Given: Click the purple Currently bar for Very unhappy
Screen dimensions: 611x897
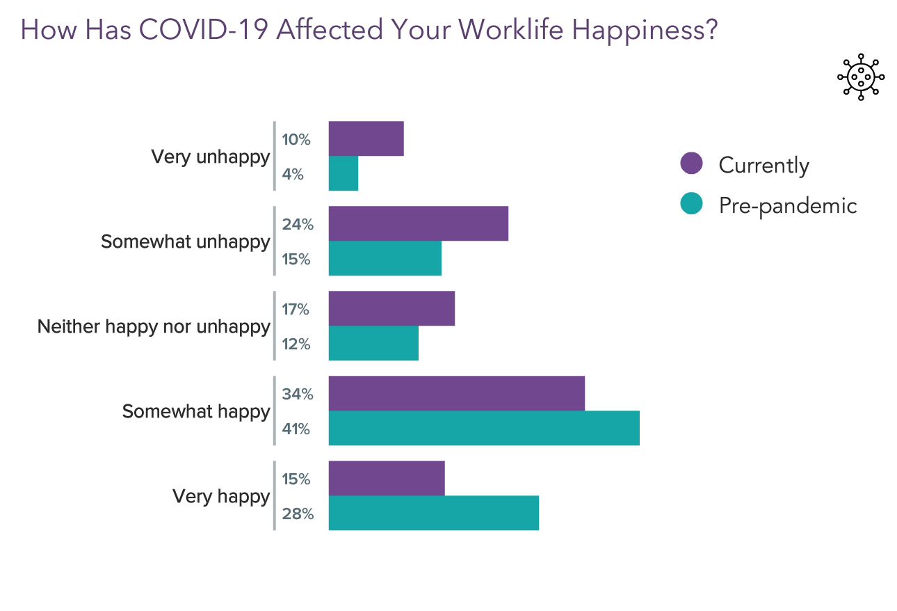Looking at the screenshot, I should tap(366, 138).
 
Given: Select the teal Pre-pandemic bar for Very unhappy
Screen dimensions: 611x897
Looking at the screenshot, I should tap(343, 173).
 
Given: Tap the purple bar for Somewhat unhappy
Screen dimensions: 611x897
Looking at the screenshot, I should tap(418, 223).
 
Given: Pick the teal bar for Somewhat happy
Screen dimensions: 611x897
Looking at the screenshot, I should tap(483, 428).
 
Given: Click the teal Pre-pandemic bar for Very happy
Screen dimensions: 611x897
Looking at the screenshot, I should tap(433, 513).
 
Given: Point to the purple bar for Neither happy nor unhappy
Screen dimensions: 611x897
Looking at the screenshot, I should tap(391, 308).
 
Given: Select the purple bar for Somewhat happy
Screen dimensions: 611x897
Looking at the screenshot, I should tap(456, 393).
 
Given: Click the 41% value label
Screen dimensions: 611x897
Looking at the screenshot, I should tap(296, 429).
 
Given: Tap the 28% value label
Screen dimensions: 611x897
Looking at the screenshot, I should tap(297, 514).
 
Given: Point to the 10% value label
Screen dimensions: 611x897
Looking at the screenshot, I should tap(296, 140).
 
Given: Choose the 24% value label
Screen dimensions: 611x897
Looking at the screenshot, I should tap(297, 225).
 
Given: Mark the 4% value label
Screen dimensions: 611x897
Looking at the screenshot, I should tap(293, 175).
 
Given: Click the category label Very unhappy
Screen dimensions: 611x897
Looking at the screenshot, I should tap(210, 157).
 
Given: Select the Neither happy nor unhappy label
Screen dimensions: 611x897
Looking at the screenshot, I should tap(154, 326).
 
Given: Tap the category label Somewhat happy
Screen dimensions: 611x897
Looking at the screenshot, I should tap(195, 411).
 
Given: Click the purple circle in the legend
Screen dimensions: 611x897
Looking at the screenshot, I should tap(691, 164).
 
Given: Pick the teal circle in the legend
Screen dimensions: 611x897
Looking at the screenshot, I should tap(691, 204).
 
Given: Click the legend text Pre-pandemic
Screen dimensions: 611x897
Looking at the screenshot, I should tap(788, 205).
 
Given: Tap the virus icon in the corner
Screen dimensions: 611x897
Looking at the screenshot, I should tap(861, 77).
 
